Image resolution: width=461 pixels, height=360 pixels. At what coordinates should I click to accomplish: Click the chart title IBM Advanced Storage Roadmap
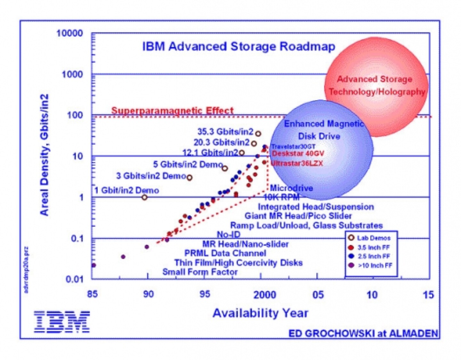coord(239,46)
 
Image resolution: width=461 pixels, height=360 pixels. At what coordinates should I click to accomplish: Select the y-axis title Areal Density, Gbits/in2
coord(44,155)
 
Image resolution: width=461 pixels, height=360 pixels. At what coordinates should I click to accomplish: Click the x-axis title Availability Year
coord(260,313)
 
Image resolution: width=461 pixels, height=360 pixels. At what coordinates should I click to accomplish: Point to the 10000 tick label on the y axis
coord(69,33)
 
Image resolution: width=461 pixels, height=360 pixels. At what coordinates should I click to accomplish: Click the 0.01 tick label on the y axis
coord(74,279)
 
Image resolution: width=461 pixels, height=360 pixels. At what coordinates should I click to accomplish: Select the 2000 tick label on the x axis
coord(264,295)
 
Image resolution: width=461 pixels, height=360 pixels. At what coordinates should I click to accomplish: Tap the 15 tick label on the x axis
coord(428,295)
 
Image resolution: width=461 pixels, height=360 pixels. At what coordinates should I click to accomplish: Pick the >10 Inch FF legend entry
coord(371,265)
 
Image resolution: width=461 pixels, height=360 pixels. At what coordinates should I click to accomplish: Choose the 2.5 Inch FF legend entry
coord(369,256)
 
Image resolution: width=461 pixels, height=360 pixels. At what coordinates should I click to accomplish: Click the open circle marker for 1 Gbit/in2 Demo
coord(144,197)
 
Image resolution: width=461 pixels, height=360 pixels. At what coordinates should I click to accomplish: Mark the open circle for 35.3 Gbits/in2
coord(258,134)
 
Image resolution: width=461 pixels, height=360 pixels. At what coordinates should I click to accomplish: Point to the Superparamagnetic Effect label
coord(172,111)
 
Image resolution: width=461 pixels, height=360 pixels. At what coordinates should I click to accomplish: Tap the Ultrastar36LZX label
coord(297,163)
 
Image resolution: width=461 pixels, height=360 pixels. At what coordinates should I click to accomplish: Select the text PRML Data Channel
coord(225,253)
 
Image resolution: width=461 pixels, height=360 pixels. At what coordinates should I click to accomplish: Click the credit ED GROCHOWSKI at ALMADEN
coord(363,333)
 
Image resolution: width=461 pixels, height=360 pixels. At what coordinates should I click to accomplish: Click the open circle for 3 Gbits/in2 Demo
coord(190,177)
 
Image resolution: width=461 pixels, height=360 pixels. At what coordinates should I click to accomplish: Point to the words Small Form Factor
coord(200,272)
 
